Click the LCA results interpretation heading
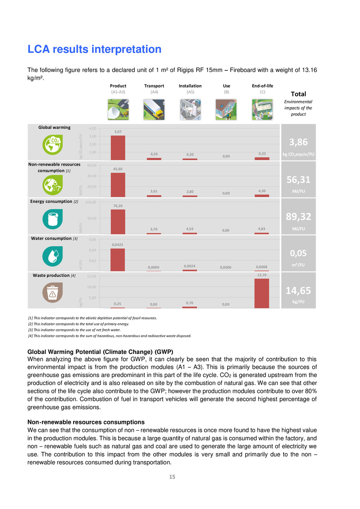(x=94, y=49)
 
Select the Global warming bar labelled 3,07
(x=118, y=148)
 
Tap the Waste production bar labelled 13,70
(x=262, y=293)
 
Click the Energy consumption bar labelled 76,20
(x=118, y=222)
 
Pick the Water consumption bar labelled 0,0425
(x=118, y=260)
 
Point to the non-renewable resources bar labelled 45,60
(x=118, y=184)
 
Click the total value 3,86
(x=298, y=142)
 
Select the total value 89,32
(x=298, y=217)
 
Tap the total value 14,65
(x=298, y=290)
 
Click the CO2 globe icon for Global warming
(x=52, y=144)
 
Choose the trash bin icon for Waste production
(x=52, y=292)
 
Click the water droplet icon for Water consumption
(x=52, y=255)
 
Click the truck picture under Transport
(x=154, y=109)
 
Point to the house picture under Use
(x=226, y=109)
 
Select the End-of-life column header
(x=262, y=86)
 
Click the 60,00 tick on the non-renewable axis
(x=92, y=166)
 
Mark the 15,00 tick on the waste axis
(x=92, y=276)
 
